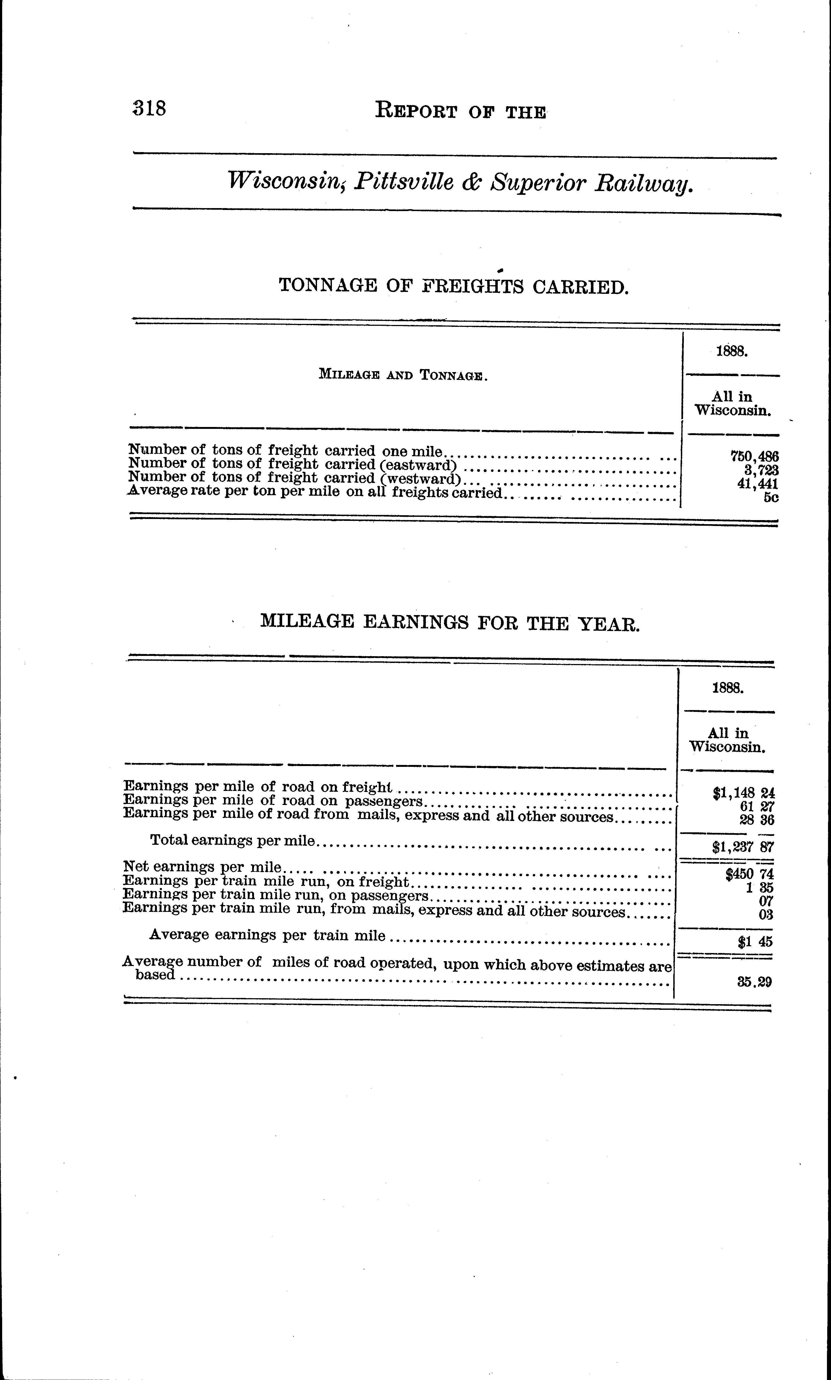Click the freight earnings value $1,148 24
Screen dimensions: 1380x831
point(743,793)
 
